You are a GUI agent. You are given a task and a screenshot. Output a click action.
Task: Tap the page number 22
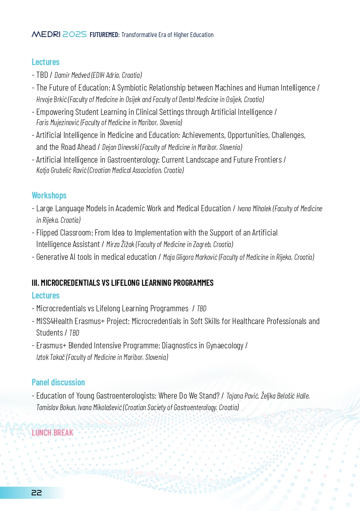[x=37, y=493]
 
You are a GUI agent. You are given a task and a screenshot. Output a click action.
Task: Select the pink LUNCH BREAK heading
[x=52, y=433]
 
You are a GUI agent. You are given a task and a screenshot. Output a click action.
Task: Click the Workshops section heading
[x=49, y=195]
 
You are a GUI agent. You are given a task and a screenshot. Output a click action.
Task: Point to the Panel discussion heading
[x=58, y=382]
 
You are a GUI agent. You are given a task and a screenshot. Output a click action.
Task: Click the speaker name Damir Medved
[x=69, y=75]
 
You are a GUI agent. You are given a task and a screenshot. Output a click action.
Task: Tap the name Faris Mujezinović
[x=58, y=122]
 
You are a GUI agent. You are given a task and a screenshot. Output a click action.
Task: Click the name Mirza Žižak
[x=120, y=245]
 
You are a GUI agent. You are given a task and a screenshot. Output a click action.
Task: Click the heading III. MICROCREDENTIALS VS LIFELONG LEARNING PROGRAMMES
[x=123, y=283]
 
